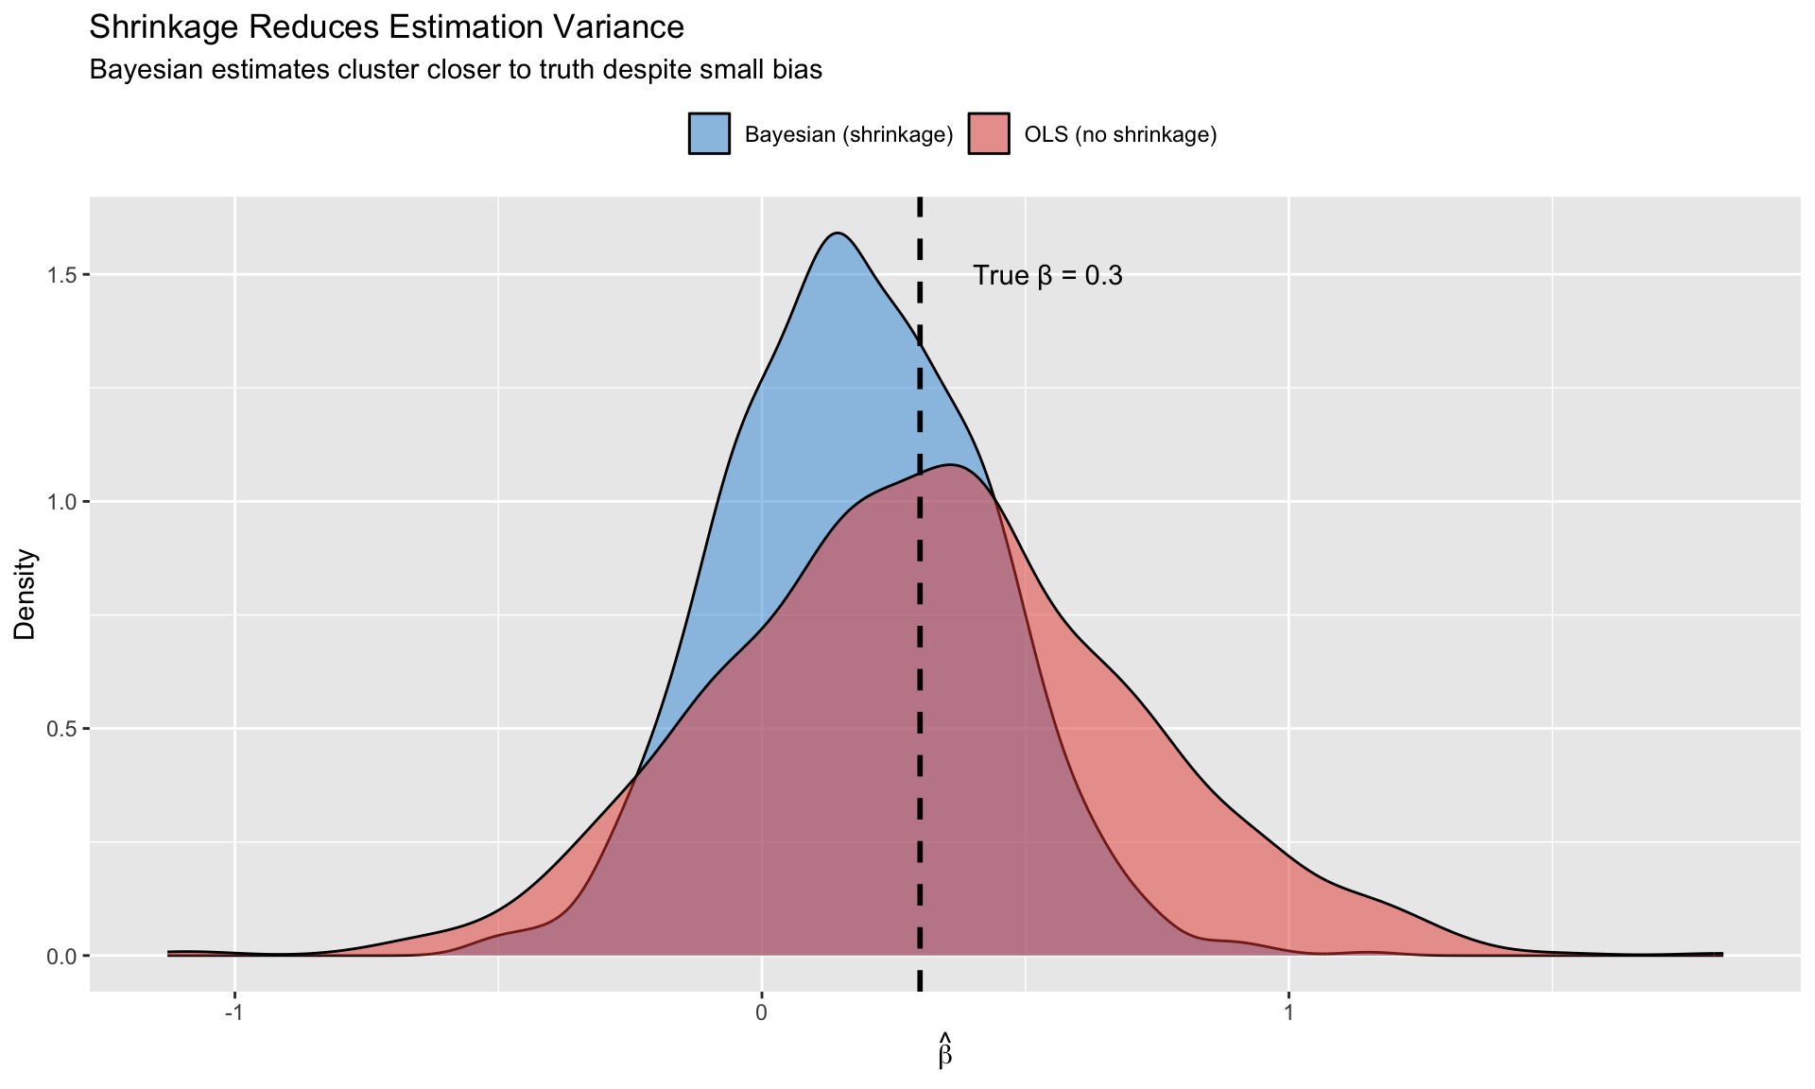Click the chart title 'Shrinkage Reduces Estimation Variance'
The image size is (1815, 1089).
pyautogui.click(x=386, y=27)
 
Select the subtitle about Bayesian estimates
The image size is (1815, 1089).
pyautogui.click(x=455, y=70)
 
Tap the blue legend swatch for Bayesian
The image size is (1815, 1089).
pyautogui.click(x=709, y=134)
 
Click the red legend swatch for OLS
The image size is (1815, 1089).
pyautogui.click(x=989, y=134)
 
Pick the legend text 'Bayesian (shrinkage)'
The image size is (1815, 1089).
pyautogui.click(x=848, y=135)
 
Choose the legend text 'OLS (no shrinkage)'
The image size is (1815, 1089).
pyautogui.click(x=1120, y=135)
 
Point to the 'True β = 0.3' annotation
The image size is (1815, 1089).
pyautogui.click(x=1047, y=276)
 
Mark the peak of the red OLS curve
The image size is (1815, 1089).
pyautogui.click(x=949, y=465)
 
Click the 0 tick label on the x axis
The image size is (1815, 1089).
pyautogui.click(x=761, y=1012)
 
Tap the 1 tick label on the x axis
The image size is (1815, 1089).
pyautogui.click(x=1288, y=1012)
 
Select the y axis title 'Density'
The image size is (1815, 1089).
pyautogui.click(x=25, y=595)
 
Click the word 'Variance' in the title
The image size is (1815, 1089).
pyautogui.click(x=623, y=27)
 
